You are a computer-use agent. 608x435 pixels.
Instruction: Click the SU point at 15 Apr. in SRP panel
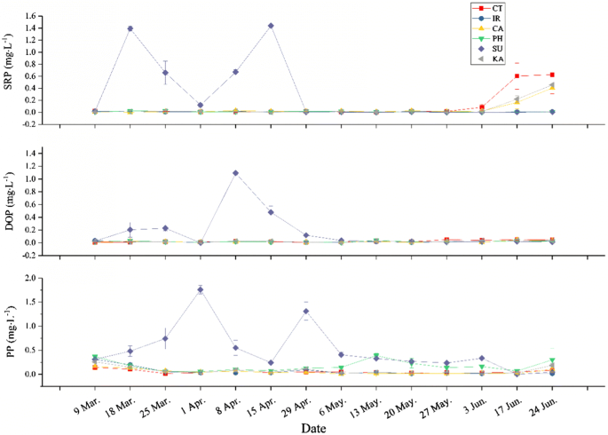271,26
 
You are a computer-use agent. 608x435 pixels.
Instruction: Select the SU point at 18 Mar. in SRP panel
130,28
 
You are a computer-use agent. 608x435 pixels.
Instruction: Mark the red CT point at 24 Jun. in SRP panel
552,75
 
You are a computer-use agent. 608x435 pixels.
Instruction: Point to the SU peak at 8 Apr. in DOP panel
235,173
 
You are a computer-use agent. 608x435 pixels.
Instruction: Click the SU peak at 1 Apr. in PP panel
201,289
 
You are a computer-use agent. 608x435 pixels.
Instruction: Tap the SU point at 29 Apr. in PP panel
306,311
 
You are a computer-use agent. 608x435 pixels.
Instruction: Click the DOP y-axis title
9,201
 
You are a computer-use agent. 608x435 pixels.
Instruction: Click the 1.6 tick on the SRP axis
34,16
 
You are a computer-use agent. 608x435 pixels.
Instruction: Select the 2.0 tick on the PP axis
34,278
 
